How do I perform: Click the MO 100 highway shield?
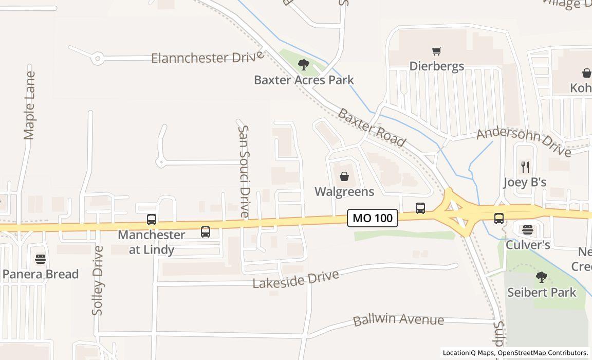(x=373, y=218)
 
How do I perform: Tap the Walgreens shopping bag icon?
(x=344, y=176)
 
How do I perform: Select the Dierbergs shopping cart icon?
(x=437, y=51)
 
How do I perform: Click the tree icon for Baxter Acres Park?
(x=304, y=65)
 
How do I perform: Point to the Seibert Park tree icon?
(x=541, y=278)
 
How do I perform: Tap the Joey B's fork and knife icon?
(x=525, y=167)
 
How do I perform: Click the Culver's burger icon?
(x=528, y=230)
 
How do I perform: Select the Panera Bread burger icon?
(x=41, y=259)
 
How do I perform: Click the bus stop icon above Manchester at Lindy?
(x=152, y=220)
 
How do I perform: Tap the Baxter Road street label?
(x=372, y=128)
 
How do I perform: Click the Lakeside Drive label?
(x=295, y=279)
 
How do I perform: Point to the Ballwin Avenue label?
(x=398, y=319)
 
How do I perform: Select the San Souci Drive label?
(x=244, y=171)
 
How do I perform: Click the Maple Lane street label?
(x=29, y=105)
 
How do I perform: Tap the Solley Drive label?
(x=98, y=280)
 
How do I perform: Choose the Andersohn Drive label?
(x=524, y=142)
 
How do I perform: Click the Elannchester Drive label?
(x=208, y=57)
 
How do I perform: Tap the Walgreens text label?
(x=344, y=191)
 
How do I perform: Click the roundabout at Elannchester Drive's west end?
(x=98, y=59)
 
